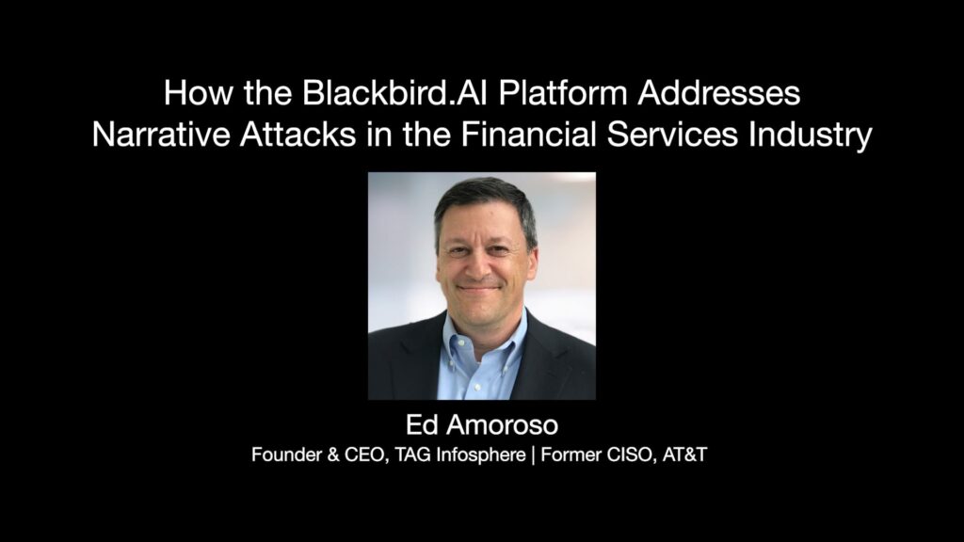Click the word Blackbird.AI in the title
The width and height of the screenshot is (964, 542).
click(394, 93)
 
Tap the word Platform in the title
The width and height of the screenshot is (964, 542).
click(563, 93)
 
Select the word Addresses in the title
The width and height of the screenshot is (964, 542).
click(718, 93)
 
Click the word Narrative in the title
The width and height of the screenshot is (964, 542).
click(161, 135)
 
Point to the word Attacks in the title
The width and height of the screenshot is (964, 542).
click(298, 135)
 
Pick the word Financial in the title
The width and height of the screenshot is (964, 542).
click(529, 135)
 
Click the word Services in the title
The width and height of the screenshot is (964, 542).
click(672, 135)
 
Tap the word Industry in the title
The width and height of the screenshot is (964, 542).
click(811, 135)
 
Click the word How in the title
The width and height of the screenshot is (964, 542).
click(199, 93)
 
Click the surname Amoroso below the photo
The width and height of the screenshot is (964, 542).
click(503, 424)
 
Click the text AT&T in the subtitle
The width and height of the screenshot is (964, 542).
click(685, 454)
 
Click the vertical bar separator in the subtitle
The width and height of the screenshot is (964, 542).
click(533, 455)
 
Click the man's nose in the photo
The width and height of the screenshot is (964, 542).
click(480, 265)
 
